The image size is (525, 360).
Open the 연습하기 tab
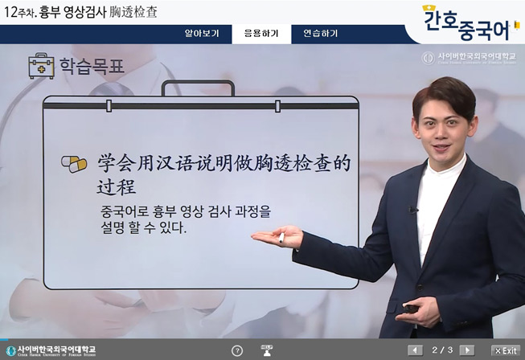click(320, 34)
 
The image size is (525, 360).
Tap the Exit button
click(506, 350)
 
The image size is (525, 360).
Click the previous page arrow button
click(415, 350)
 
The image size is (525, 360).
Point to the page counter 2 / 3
click(441, 350)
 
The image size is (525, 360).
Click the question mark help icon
click(237, 350)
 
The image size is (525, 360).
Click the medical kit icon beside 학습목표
click(41, 66)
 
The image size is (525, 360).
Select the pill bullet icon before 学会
click(74, 164)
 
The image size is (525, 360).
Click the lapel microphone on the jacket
click(413, 211)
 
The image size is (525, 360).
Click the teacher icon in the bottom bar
click(268, 350)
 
